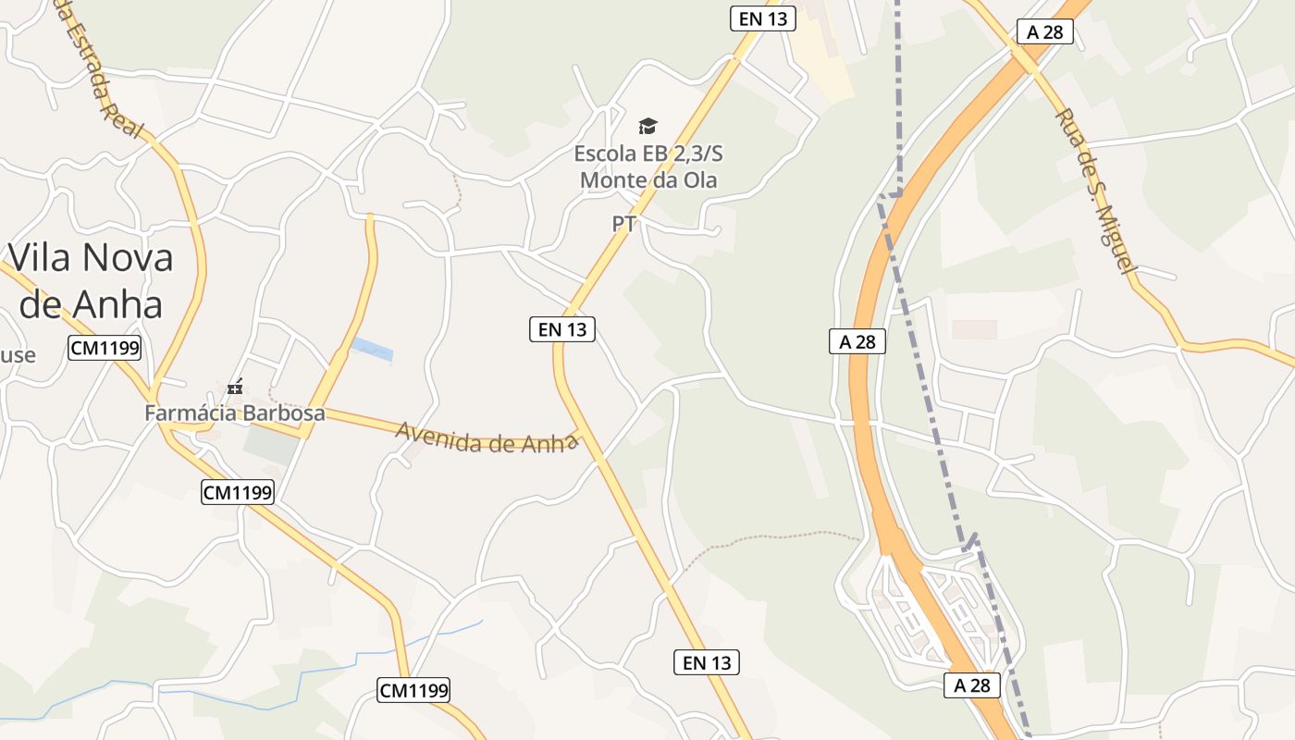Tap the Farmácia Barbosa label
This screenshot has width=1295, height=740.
[x=235, y=413]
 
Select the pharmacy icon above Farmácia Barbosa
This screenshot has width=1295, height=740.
[x=235, y=388]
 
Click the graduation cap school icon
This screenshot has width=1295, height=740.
[x=647, y=126]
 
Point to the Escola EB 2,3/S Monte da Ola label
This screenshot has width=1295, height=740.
[x=647, y=166]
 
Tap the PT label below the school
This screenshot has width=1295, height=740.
[x=623, y=224]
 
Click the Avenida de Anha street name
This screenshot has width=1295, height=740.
[x=487, y=438]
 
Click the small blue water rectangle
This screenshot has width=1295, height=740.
[x=372, y=349]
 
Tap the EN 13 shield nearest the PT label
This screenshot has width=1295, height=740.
[x=561, y=328]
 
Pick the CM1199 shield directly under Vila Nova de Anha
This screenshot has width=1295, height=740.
[x=104, y=349]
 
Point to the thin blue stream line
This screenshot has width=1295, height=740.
[x=231, y=691]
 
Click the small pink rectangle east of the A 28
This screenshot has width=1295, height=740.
[x=974, y=329]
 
